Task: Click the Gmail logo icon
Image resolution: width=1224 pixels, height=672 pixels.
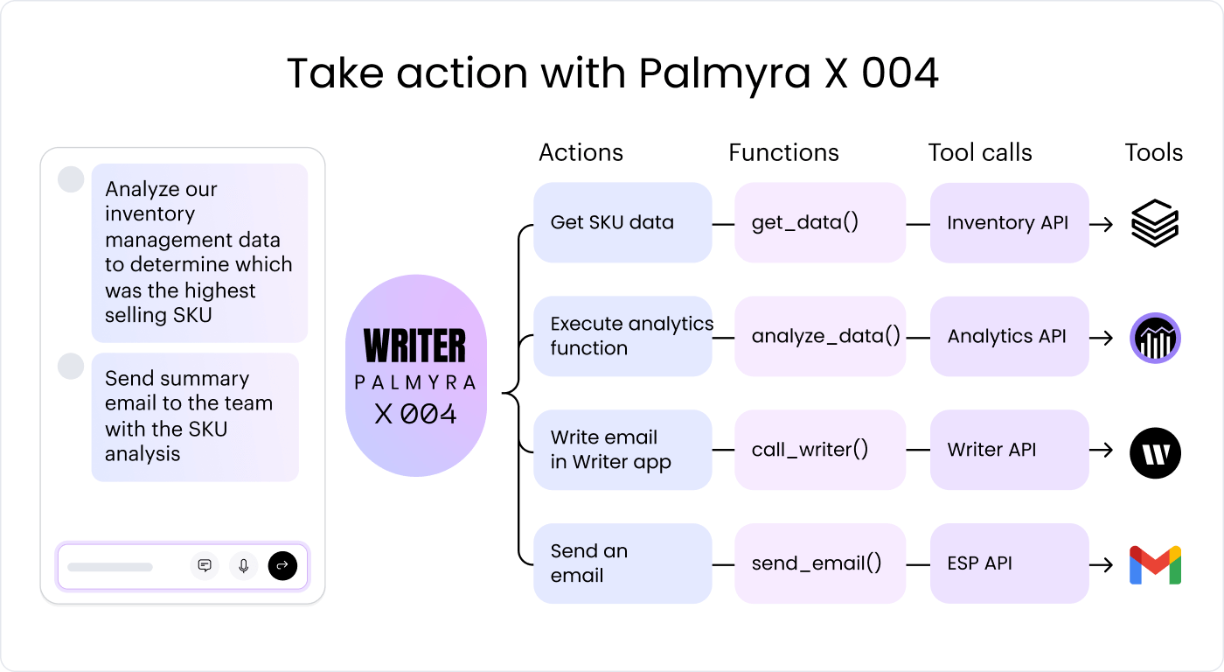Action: pyautogui.click(x=1155, y=564)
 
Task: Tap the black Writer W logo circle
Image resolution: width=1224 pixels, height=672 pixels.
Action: pyautogui.click(x=1155, y=452)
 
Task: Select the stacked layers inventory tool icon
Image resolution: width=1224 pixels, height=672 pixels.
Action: pyautogui.click(x=1155, y=223)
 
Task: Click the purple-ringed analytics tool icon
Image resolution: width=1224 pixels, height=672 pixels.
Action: pyautogui.click(x=1155, y=338)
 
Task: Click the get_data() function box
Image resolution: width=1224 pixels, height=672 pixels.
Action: pyautogui.click(x=819, y=222)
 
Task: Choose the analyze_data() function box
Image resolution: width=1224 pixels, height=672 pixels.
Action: pyautogui.click(x=819, y=336)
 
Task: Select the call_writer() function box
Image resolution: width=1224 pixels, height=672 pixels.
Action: pyautogui.click(x=819, y=450)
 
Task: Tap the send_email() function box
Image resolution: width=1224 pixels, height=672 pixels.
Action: pyautogui.click(x=819, y=563)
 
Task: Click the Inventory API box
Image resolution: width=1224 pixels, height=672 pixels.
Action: pyautogui.click(x=1009, y=222)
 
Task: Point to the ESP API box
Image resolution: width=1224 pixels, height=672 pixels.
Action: pyautogui.click(x=1009, y=563)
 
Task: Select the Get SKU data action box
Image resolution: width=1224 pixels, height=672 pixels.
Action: pyautogui.click(x=622, y=222)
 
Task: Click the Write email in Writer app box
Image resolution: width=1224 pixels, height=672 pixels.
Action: pyautogui.click(x=622, y=450)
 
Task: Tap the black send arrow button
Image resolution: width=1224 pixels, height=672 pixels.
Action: pyautogui.click(x=282, y=566)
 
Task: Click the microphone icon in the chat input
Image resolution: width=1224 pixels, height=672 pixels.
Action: pyautogui.click(x=244, y=566)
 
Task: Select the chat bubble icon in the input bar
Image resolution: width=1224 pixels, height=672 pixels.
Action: pyautogui.click(x=205, y=566)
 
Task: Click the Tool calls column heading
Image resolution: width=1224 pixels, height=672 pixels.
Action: pyautogui.click(x=980, y=152)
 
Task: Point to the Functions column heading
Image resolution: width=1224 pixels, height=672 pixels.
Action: pyautogui.click(x=783, y=152)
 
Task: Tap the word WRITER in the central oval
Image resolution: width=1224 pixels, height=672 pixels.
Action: pyautogui.click(x=415, y=346)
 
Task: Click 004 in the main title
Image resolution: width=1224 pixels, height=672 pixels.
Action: pyautogui.click(x=900, y=73)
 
